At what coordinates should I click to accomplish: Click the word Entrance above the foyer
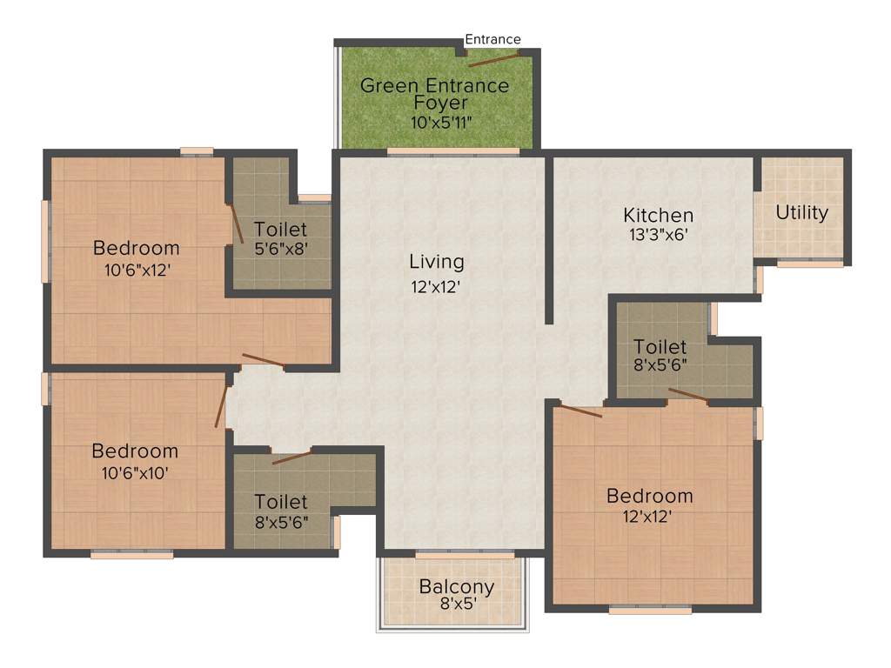(x=492, y=39)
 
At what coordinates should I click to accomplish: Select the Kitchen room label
(x=658, y=215)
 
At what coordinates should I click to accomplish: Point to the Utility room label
(x=801, y=213)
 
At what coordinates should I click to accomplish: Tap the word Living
(x=437, y=261)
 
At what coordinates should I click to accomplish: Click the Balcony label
(x=456, y=586)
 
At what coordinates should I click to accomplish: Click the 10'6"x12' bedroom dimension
(x=136, y=270)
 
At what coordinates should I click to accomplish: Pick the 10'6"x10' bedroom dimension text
(x=135, y=473)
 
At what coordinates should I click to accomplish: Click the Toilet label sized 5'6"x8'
(x=280, y=230)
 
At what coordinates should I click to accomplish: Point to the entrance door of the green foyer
(x=494, y=59)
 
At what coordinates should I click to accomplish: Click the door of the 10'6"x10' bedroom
(x=221, y=406)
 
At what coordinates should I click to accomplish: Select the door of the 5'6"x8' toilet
(x=236, y=224)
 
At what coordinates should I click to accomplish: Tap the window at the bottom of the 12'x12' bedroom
(x=649, y=611)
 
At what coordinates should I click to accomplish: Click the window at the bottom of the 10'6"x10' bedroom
(x=131, y=554)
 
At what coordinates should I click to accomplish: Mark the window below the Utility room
(x=808, y=264)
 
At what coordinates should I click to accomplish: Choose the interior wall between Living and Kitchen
(x=549, y=239)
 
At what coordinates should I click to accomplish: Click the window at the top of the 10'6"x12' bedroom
(x=197, y=152)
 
